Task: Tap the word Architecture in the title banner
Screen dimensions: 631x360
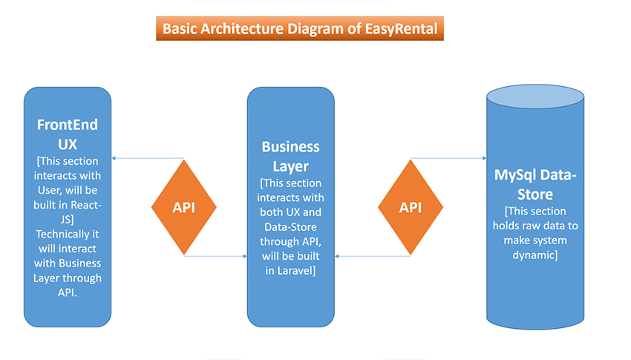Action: point(242,28)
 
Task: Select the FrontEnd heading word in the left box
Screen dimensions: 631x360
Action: point(68,125)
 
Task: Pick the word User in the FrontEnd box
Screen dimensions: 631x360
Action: point(50,190)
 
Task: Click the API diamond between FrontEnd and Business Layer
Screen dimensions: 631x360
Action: point(184,207)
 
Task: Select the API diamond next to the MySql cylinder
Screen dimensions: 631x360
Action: point(411,207)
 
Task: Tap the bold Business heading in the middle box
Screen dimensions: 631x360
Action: point(290,147)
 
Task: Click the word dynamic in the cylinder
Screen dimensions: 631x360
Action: point(534,255)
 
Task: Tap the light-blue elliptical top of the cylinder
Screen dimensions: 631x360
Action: point(535,96)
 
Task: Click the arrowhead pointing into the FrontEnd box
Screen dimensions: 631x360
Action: point(114,158)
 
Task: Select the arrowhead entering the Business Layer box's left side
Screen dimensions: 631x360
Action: point(245,256)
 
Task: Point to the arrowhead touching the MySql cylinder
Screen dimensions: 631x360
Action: point(484,158)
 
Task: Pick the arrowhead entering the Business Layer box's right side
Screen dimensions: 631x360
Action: point(337,256)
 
